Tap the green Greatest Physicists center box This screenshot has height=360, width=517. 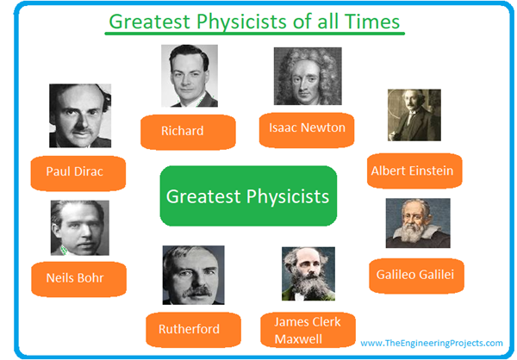coord(247,196)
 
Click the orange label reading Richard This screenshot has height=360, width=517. coord(183,131)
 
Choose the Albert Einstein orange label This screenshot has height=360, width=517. coord(411,171)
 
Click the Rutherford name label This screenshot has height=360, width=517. coord(189,328)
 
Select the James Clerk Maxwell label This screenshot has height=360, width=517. coord(308,330)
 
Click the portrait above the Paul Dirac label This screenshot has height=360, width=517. coord(80,115)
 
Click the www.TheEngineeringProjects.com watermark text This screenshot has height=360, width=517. coord(432,343)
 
